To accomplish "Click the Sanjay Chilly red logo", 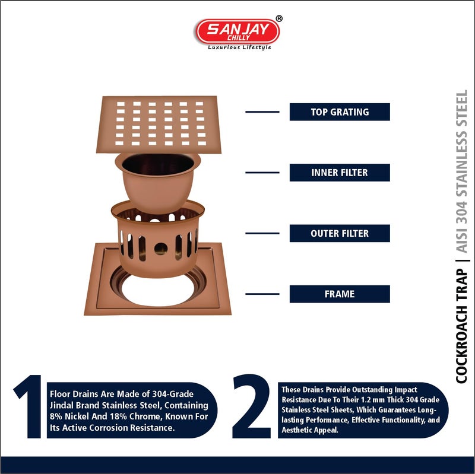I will (x=237, y=31).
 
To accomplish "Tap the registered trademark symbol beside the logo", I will (x=279, y=19).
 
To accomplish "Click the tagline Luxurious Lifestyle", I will (x=239, y=47).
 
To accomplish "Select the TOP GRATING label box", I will (x=340, y=112).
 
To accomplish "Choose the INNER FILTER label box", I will (x=340, y=173).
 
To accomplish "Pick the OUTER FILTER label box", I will (x=340, y=233).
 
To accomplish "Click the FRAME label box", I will (x=340, y=294).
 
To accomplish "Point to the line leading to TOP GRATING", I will (x=262, y=112).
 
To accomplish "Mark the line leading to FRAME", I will (x=262, y=294).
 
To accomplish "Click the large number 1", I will (x=28, y=408).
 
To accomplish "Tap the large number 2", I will (x=252, y=408).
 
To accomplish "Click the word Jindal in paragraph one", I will (x=62, y=405).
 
